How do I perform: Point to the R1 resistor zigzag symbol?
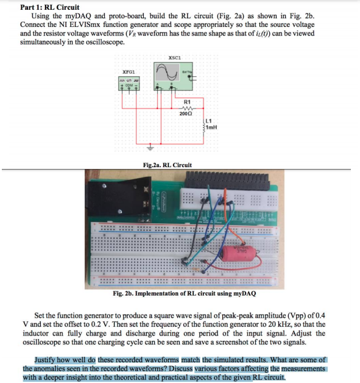coord(186,107)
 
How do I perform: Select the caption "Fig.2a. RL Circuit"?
coord(167,165)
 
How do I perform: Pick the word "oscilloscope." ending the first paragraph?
coord(105,43)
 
